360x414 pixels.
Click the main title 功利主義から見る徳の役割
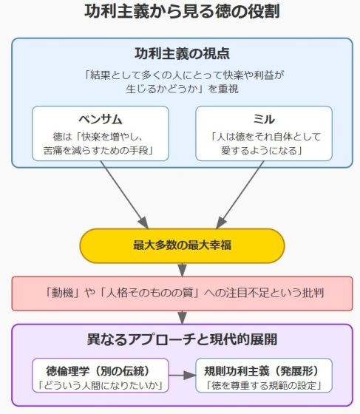[182, 12]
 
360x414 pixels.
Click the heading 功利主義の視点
[182, 53]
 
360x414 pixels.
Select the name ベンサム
[101, 119]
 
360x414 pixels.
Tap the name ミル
[264, 119]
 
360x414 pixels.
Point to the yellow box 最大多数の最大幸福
[182, 245]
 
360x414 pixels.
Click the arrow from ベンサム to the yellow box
[124, 194]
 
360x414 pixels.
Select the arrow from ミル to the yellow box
[240, 194]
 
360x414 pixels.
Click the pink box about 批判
[182, 293]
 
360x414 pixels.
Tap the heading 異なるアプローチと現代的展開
[182, 339]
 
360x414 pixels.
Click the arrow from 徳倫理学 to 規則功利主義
[182, 376]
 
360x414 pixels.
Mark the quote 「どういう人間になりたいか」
[101, 385]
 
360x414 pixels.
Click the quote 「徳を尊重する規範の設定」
[264, 385]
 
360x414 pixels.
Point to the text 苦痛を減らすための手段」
[98, 151]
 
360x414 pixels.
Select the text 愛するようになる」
[262, 151]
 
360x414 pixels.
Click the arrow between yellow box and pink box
[182, 270]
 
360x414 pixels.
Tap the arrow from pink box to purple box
[182, 317]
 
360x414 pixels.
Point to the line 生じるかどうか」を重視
[182, 89]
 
